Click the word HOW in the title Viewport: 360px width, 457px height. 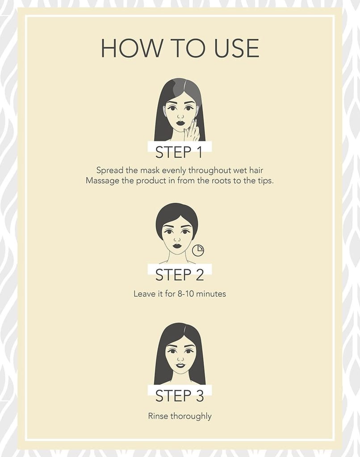point(132,48)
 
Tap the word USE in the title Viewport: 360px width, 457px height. point(237,48)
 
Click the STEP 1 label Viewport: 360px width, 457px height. point(179,152)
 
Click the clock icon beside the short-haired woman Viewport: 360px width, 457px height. point(198,250)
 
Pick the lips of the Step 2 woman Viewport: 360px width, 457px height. point(177,245)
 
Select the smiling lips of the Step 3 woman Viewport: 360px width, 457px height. point(180,365)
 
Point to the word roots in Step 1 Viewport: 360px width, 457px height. point(221,181)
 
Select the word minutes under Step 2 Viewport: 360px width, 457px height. point(211,294)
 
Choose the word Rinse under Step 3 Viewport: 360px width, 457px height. point(158,416)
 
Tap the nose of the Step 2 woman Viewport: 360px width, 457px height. point(177,239)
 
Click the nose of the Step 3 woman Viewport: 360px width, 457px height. point(180,359)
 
